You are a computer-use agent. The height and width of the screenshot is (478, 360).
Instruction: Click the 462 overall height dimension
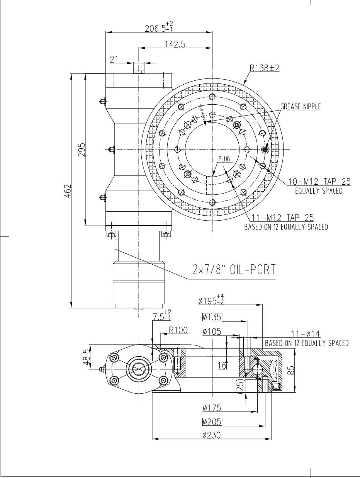[67, 190]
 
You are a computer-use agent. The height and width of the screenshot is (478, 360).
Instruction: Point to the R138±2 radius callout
[265, 68]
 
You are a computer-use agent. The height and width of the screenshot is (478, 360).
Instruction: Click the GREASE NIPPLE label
[300, 107]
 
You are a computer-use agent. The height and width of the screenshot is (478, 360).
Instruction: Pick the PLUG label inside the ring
[224, 159]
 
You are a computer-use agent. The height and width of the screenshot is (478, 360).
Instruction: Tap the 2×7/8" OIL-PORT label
[234, 270]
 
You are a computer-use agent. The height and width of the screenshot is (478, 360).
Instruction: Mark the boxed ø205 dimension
[212, 422]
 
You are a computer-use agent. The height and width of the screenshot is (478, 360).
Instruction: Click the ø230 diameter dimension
[212, 435]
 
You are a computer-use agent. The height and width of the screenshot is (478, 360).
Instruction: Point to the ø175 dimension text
[212, 408]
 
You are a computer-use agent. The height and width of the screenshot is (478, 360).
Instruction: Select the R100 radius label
[178, 330]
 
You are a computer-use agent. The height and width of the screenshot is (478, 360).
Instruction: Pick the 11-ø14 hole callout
[307, 334]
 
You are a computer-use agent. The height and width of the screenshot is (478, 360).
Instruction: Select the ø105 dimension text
[212, 332]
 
